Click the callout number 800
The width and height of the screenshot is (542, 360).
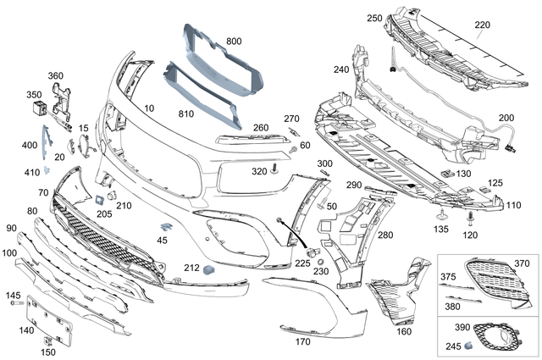coord(234,41)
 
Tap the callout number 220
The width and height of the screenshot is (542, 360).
coord(482,25)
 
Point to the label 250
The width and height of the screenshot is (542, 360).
coord(374,19)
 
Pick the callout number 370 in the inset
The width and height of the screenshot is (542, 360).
coord(521,264)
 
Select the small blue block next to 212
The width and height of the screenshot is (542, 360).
coord(208,269)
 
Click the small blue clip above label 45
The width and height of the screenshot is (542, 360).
coord(166,226)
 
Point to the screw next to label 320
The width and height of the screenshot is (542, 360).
coord(276,171)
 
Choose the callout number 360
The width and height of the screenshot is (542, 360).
coord(55,76)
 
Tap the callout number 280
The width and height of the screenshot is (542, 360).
coord(385,235)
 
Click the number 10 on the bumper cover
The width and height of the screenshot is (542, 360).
coord(149,108)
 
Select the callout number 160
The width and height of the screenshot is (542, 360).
coord(404,332)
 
